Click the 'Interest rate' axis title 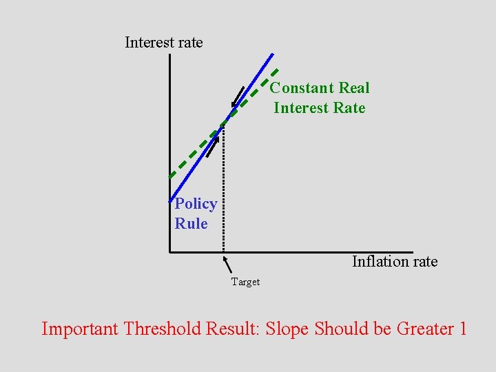tap(164, 43)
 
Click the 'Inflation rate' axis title tap(395, 262)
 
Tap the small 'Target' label tap(245, 282)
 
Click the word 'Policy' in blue tap(196, 204)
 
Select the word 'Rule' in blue tap(191, 224)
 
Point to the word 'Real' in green tap(353, 88)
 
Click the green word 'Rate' tap(348, 108)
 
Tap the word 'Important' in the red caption tap(80, 329)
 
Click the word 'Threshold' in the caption tap(163, 329)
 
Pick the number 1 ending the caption tap(462, 329)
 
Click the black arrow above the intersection tap(238, 98)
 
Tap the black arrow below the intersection tap(213, 146)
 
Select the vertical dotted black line tap(223, 193)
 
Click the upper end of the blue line tap(272, 54)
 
